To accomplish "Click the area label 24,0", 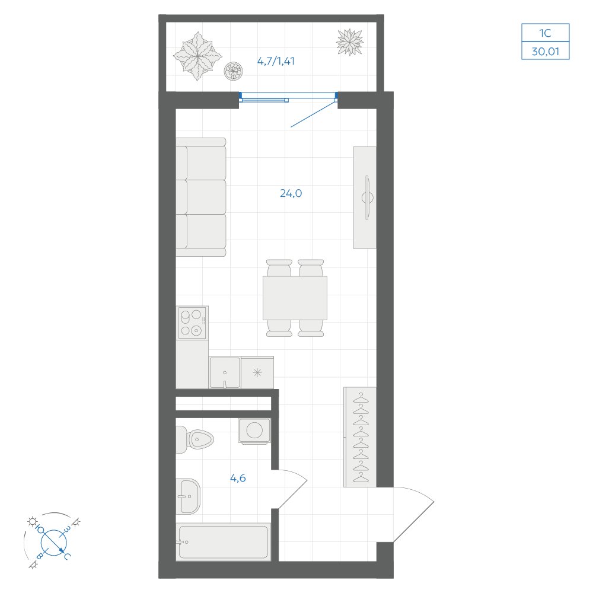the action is point(291,193).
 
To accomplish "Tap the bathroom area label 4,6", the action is point(238,478).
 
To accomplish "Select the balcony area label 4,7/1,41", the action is point(276,61).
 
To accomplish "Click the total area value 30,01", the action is point(546,51).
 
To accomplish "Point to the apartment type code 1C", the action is point(546,33).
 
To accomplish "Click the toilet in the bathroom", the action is point(195,439).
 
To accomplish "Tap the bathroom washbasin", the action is point(188,496).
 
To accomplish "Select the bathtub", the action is point(224,542).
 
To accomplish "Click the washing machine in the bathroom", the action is point(254,431).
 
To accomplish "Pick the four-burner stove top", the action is point(193,323).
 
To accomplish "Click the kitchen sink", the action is point(225,372).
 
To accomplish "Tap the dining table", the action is point(295,298).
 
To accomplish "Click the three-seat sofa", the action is point(201,197).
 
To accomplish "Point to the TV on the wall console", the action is point(367,197).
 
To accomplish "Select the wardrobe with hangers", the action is point(360,437).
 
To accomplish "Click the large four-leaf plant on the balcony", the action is point(197,56).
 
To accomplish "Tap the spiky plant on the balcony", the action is point(350,42).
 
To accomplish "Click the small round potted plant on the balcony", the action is point(233,71).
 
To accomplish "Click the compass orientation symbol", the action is point(53,541).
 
